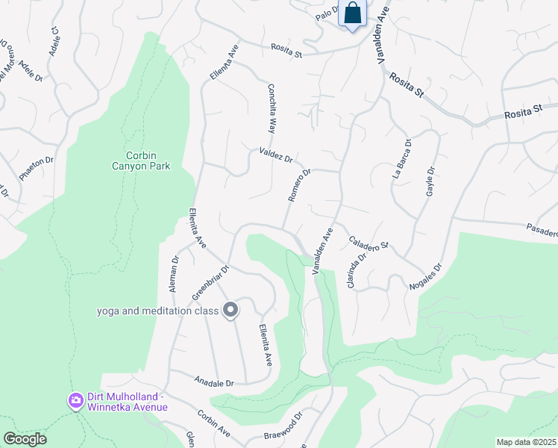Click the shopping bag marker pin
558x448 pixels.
point(353,14)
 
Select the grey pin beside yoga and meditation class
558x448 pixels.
point(231,309)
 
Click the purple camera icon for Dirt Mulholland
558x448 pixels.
point(75,401)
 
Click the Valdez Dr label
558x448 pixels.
point(276,155)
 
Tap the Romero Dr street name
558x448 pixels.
point(299,184)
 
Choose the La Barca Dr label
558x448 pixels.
point(401,158)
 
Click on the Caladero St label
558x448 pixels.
point(369,243)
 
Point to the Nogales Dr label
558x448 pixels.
point(426,276)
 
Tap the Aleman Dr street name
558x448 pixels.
point(175,274)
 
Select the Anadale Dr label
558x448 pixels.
point(215,383)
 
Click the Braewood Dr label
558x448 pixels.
point(283,425)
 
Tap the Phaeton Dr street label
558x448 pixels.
point(37,169)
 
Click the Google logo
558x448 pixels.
point(24,439)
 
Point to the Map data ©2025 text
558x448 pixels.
point(526,442)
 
